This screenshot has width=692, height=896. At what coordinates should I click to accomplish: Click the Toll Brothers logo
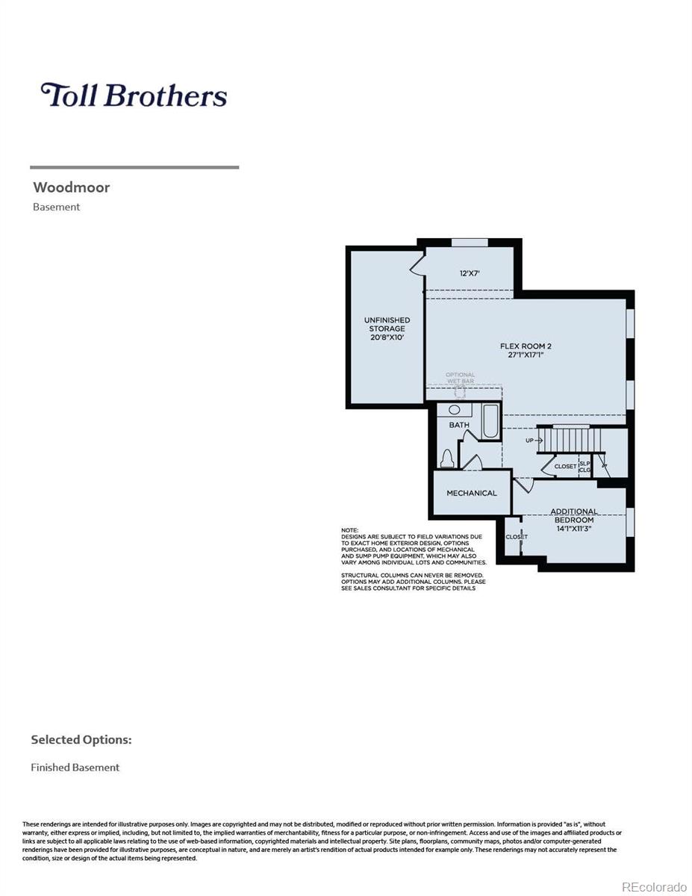coord(134,96)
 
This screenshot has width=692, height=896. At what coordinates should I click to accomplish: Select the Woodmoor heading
coord(71,187)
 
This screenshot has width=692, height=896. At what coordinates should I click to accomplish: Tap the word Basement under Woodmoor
coord(56,208)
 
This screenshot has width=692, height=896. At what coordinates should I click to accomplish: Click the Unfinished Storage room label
coord(387,329)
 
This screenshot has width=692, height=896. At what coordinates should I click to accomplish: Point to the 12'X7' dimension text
coord(470,273)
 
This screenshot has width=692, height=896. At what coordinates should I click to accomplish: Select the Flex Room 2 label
coord(526,350)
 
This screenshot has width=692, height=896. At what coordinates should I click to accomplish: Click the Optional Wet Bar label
coord(460,379)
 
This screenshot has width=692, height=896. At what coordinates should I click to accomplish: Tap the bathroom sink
coord(455,410)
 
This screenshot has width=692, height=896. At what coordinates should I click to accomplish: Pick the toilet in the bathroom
coord(448,459)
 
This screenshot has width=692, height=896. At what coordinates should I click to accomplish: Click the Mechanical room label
coord(471,493)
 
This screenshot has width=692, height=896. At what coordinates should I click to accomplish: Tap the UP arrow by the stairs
coord(534,441)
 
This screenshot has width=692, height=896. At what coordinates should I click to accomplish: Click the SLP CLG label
coord(585,467)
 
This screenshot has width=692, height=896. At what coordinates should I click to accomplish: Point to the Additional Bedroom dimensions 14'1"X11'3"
coord(573,529)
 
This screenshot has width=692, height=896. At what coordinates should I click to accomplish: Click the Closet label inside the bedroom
coord(516,537)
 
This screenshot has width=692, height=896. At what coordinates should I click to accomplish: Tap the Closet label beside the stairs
coord(565,467)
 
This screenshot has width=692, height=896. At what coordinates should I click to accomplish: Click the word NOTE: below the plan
coord(349,530)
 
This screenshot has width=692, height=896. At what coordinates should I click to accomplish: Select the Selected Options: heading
coord(81,740)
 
